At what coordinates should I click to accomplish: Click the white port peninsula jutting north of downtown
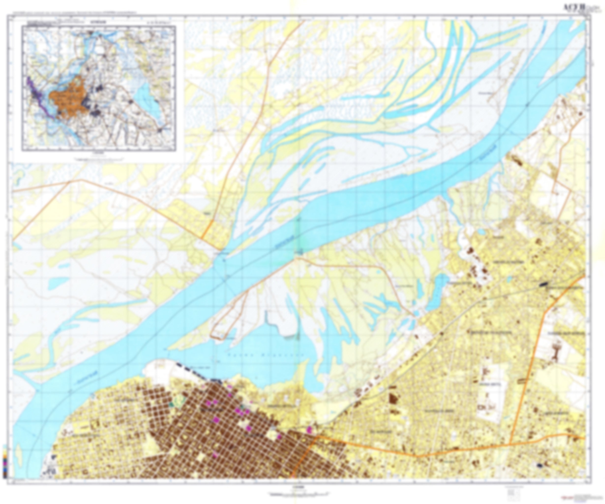(x=161, y=372)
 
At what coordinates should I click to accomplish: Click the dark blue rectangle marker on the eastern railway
(x=543, y=284)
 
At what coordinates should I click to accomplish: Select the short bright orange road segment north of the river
(x=207, y=229)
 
